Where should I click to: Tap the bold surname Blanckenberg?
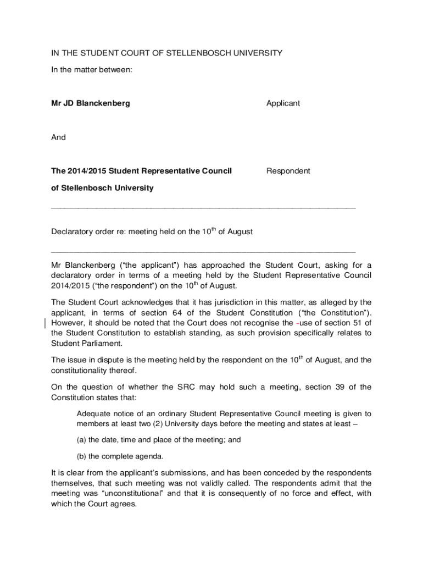tap(103, 103)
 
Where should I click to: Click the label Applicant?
tap(283, 103)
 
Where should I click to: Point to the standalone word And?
tap(58, 137)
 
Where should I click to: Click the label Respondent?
tap(288, 171)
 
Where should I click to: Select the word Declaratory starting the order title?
tap(71, 232)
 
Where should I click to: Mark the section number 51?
tap(354, 323)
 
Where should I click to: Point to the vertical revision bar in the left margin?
tap(43, 323)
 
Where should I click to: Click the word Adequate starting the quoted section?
tap(94, 413)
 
